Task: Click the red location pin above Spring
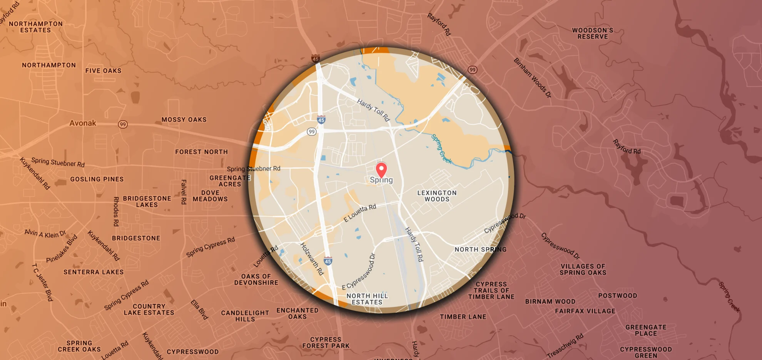coord(381,169)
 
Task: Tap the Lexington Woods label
coord(437,196)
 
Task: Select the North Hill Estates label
coord(367,299)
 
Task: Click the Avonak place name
coord(83,123)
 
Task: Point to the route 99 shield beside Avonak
coord(123,124)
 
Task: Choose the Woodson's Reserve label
coord(593,33)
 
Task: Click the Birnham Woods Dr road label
coord(533,78)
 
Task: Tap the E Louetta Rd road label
coord(360,213)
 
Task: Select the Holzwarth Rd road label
coord(312,259)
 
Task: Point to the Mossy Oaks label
coord(184,120)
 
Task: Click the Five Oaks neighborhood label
coord(104,71)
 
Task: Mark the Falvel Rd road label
coord(184,192)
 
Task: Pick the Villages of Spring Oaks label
coord(583,270)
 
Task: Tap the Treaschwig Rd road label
coord(565,345)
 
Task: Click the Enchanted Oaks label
coord(297,313)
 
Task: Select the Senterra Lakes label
coord(94,272)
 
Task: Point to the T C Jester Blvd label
coord(42,282)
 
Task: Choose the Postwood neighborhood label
coord(618,296)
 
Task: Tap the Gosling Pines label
coord(97,179)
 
